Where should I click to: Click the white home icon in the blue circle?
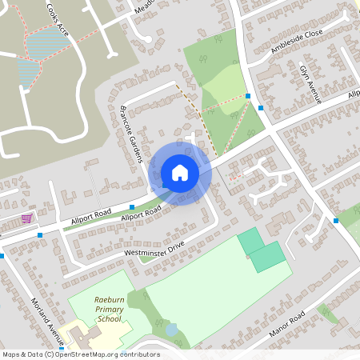point(180,172)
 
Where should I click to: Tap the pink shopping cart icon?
point(26,218)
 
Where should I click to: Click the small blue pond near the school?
point(172,330)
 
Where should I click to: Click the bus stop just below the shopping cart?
point(40,235)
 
